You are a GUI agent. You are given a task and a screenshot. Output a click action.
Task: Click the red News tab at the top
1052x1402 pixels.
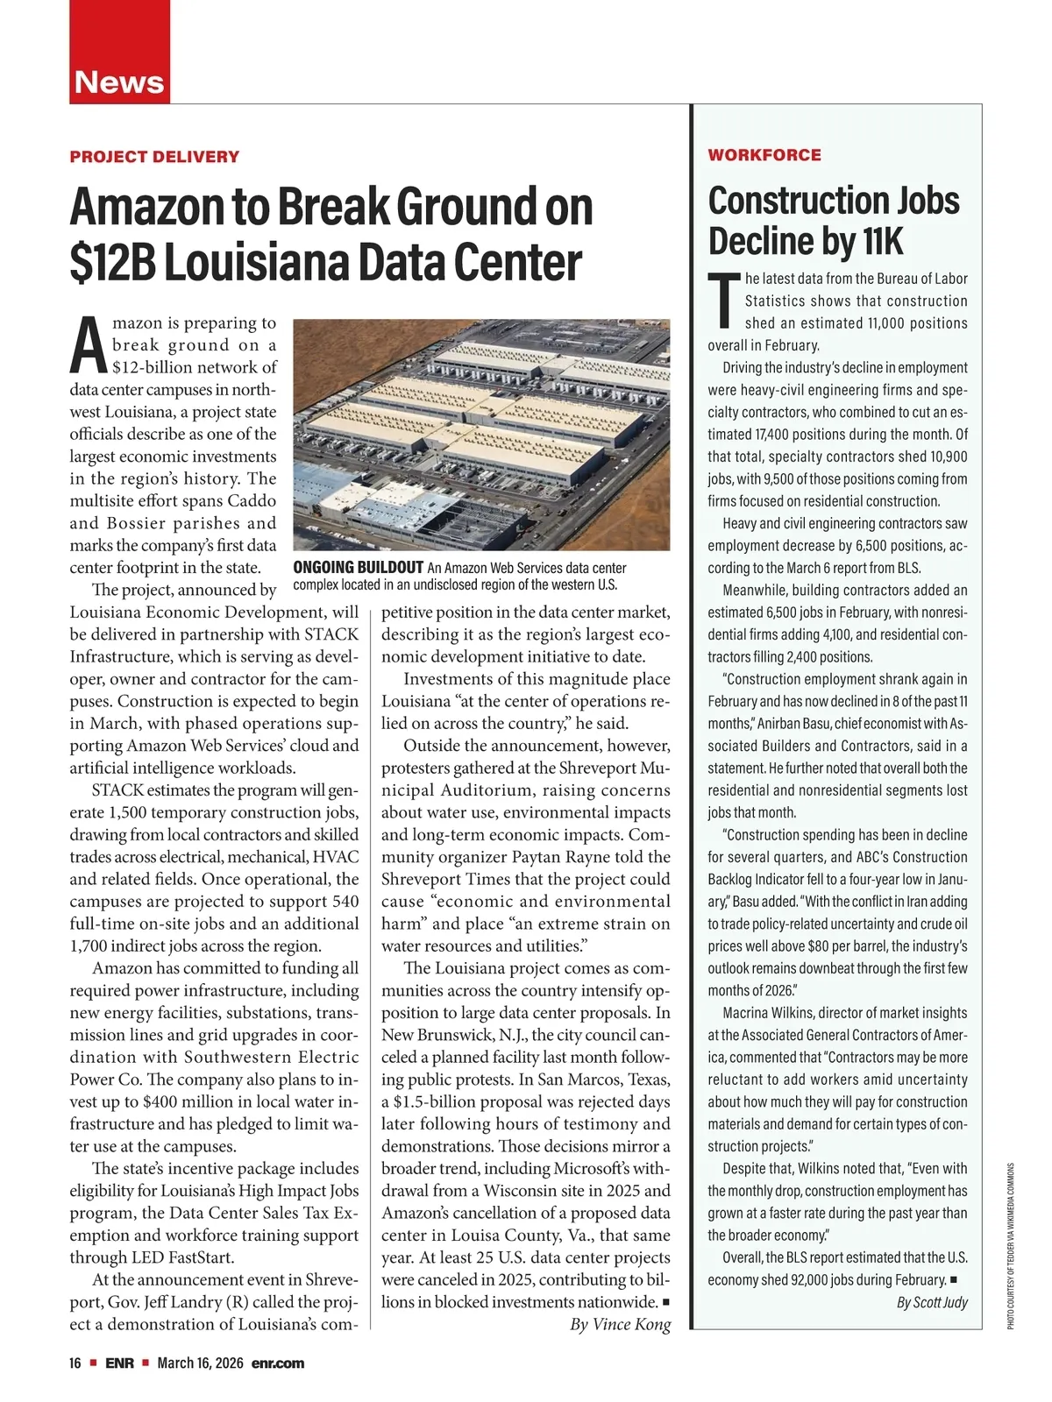[x=119, y=81]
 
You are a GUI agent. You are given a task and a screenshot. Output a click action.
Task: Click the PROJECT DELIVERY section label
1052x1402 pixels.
[x=154, y=157]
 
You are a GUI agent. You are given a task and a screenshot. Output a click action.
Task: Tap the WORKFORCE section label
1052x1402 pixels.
[x=764, y=155]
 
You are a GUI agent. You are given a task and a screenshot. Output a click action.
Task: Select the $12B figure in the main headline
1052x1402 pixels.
[x=113, y=262]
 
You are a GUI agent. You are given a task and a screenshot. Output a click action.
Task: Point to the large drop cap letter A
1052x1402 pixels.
[x=89, y=346]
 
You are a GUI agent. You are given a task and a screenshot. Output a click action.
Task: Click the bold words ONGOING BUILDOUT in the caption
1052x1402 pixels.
[x=358, y=568]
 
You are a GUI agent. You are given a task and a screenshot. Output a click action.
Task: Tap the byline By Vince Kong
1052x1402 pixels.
[x=620, y=1324]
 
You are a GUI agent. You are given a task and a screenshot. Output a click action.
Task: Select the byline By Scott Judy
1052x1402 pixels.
[x=932, y=1302]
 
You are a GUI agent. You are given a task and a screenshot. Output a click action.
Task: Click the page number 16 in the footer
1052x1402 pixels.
[x=75, y=1363]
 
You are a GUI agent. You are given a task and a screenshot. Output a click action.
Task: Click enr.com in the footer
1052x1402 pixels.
[x=278, y=1363]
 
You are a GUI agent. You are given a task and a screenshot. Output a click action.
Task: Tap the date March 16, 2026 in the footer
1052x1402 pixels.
[x=200, y=1363]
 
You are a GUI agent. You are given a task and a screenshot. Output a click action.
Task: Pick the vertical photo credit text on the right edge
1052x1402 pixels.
[x=1010, y=1245]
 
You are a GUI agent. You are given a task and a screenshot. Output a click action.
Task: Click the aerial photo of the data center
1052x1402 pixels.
[x=481, y=435]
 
